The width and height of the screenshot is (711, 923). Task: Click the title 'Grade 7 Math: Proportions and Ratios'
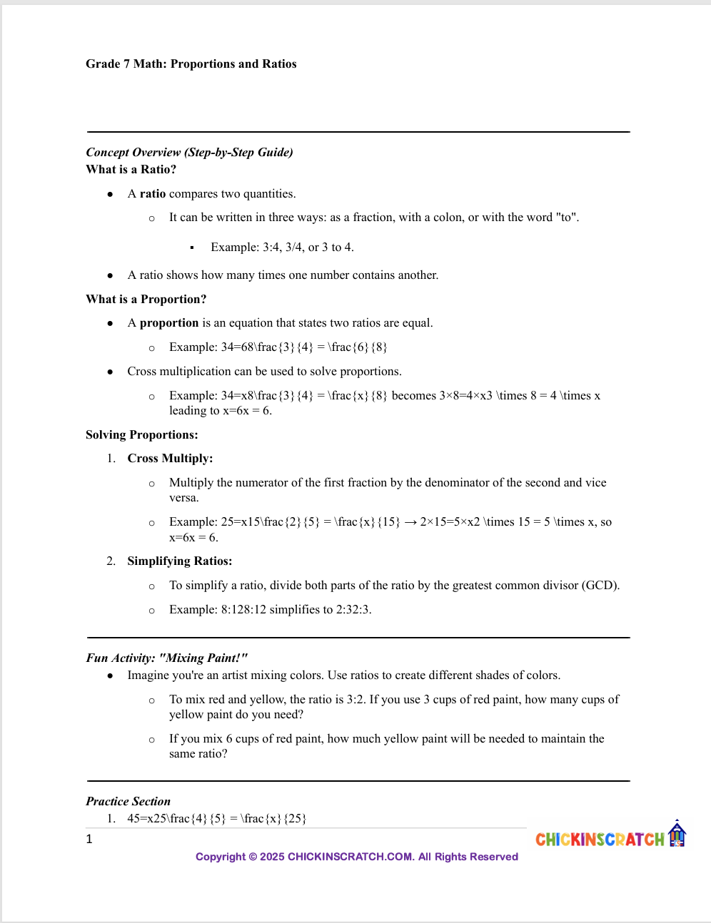(x=191, y=64)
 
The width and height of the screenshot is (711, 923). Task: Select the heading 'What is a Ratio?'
(x=131, y=170)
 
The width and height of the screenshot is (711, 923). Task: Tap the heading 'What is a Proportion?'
(x=146, y=300)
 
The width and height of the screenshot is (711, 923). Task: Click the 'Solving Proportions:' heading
(x=141, y=435)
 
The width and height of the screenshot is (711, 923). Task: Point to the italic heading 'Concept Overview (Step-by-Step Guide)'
(x=189, y=153)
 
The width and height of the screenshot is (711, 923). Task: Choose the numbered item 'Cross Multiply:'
(x=170, y=459)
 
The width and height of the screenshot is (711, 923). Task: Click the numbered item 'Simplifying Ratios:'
(x=179, y=561)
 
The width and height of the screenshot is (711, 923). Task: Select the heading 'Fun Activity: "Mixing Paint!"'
(x=166, y=658)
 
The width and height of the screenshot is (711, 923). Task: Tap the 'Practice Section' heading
(x=128, y=802)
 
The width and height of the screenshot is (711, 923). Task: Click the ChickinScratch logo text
(x=600, y=840)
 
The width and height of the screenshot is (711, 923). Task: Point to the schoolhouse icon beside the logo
(x=677, y=834)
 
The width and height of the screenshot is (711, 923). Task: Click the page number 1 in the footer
(x=89, y=840)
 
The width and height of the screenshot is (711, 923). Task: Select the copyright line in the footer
(x=357, y=857)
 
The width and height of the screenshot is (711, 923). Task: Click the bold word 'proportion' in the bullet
(x=169, y=323)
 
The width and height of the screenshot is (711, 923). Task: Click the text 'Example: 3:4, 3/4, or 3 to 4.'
(x=282, y=248)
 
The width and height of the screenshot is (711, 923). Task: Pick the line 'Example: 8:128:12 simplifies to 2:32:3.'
(x=270, y=610)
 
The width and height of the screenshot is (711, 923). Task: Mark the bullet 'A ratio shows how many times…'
(x=283, y=275)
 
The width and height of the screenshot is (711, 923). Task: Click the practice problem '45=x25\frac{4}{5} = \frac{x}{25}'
(x=216, y=819)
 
